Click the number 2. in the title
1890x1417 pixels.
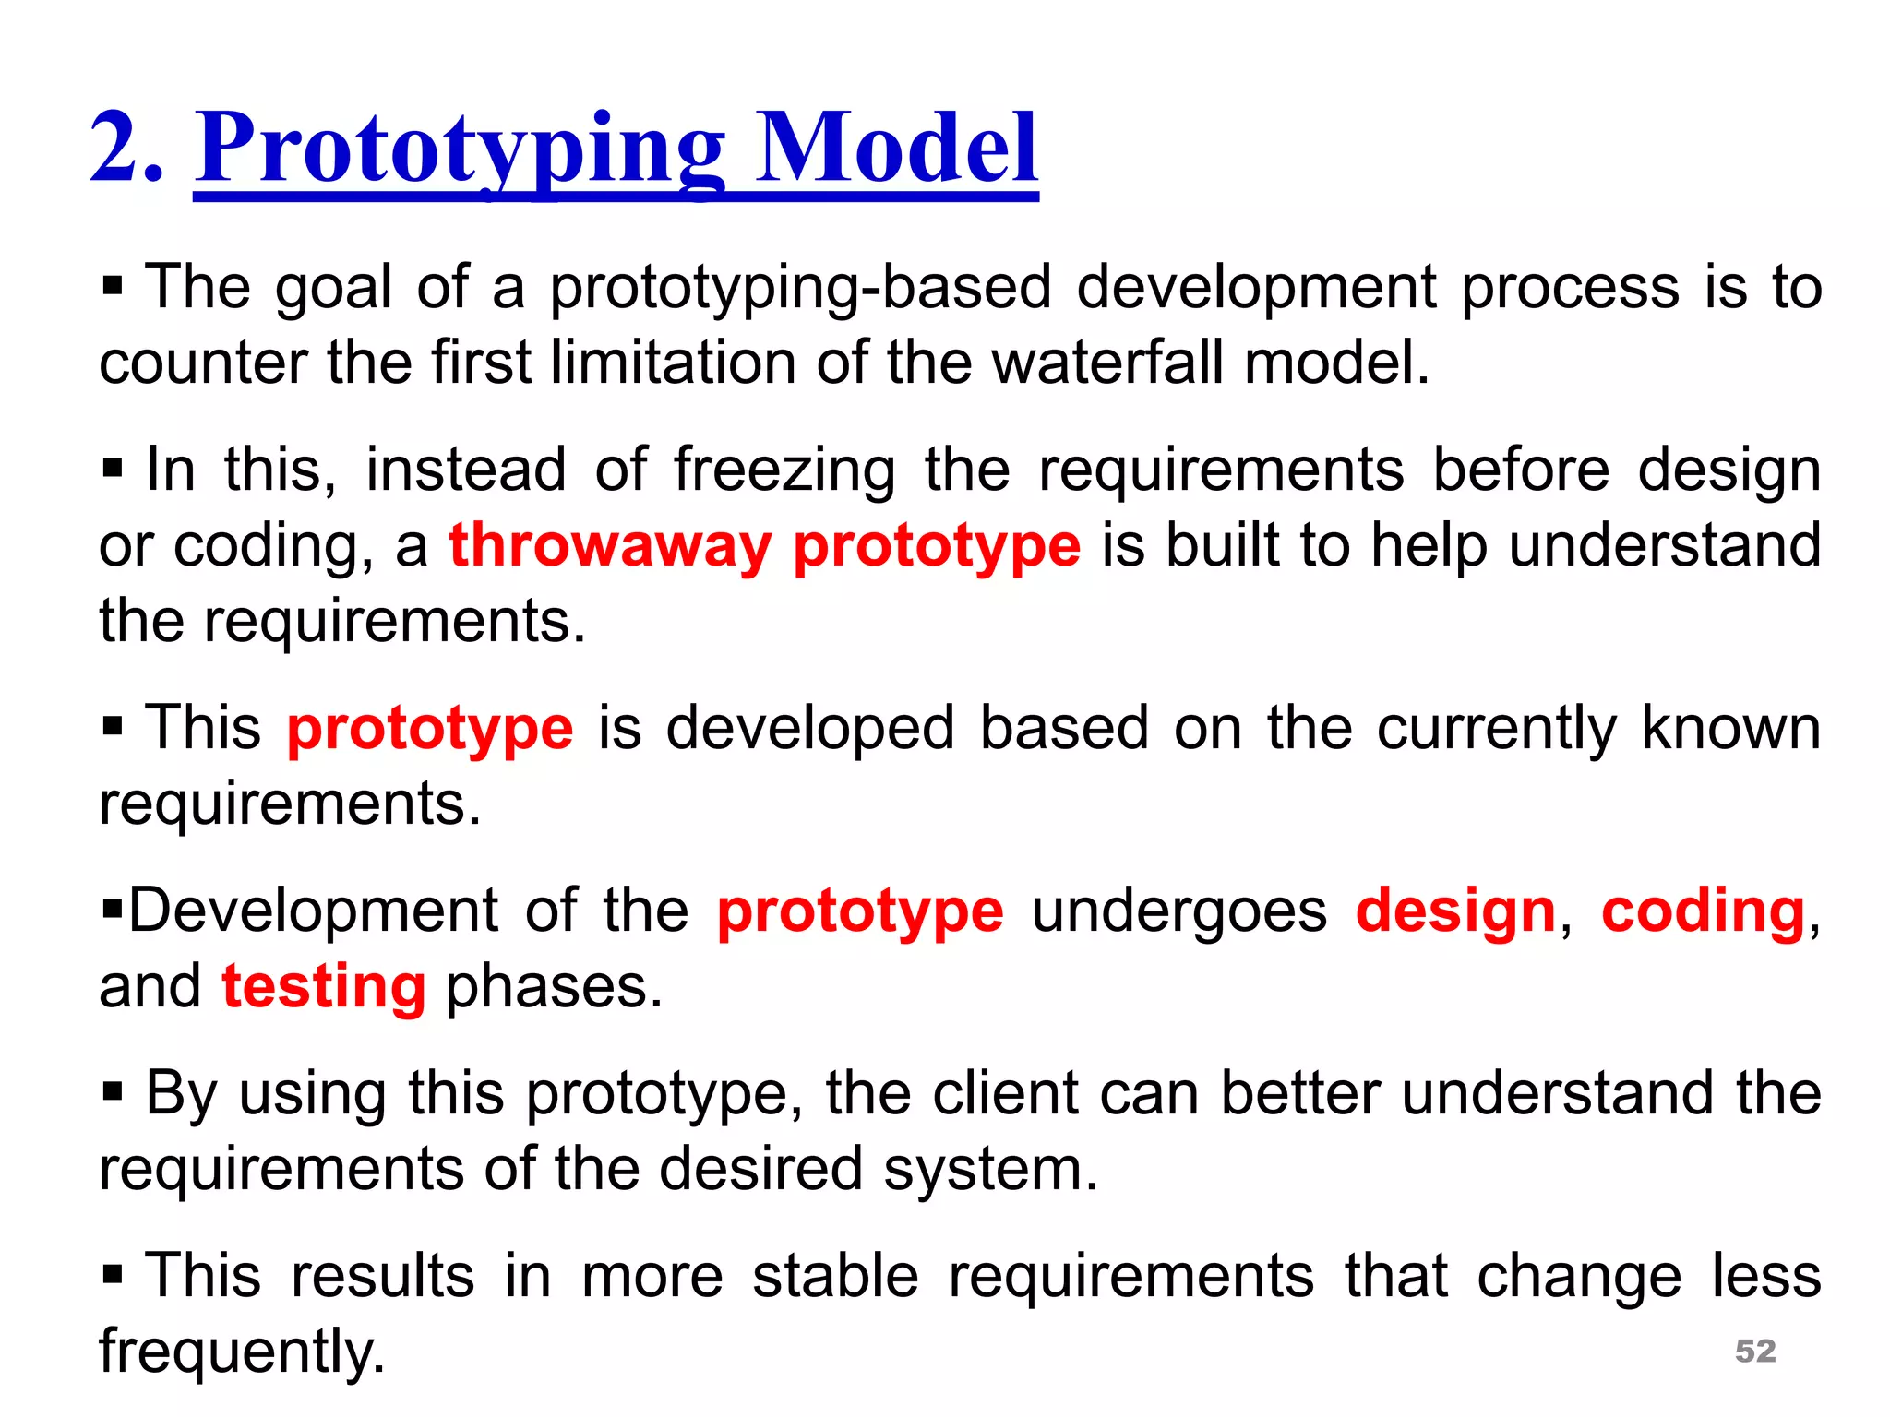(127, 148)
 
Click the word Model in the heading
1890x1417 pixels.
(896, 148)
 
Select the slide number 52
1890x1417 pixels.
(1755, 1351)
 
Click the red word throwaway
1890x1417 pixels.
(610, 545)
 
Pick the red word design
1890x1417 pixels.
(1456, 911)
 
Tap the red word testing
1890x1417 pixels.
(324, 986)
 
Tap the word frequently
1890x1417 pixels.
(242, 1352)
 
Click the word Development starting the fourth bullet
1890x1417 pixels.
(313, 911)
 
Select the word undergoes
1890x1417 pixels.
(1179, 911)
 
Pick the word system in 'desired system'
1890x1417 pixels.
(990, 1169)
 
